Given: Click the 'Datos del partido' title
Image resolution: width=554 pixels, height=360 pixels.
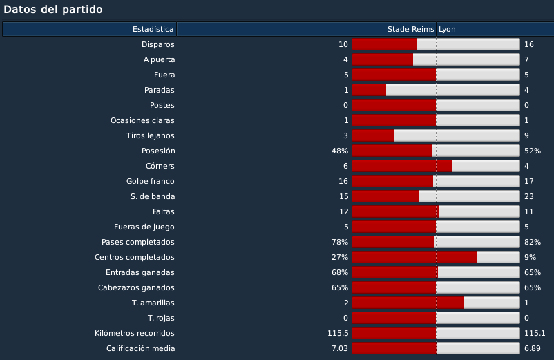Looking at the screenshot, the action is click(53, 10).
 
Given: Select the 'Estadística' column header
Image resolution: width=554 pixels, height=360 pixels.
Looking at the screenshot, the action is click(153, 29).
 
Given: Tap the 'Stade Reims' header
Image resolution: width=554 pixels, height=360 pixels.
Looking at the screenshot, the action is click(410, 29).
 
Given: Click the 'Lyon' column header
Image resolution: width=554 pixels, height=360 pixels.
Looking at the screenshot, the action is click(447, 29).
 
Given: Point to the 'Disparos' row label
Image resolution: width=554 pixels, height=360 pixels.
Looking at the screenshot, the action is click(158, 44).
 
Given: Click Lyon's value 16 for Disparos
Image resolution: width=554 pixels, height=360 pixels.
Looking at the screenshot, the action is click(529, 44).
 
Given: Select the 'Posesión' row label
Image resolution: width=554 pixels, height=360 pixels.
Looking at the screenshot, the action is click(158, 151).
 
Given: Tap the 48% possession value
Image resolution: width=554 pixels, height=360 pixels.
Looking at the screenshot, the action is click(340, 151).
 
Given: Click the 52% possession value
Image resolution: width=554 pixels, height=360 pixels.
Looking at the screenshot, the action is click(533, 151).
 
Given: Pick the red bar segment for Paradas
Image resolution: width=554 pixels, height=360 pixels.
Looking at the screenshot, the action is click(369, 90).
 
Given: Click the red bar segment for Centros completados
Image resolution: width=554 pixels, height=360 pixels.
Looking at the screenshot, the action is click(414, 257).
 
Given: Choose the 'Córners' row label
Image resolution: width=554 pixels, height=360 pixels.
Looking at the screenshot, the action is click(160, 166).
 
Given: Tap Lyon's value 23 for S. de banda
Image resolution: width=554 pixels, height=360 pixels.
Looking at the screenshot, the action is click(529, 196).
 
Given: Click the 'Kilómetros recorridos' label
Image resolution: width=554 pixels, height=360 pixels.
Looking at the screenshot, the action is click(135, 333).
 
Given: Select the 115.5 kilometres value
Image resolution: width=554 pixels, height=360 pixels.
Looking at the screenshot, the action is click(338, 333).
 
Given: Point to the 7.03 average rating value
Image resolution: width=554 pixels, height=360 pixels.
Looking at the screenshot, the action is click(340, 348).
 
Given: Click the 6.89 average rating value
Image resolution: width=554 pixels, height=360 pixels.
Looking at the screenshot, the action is click(533, 348).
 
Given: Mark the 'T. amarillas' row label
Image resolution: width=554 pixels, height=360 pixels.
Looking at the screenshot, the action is click(153, 303).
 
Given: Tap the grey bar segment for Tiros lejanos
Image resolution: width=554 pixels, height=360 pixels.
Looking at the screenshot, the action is click(457, 135).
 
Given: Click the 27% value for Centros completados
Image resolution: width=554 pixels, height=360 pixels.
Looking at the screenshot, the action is click(340, 257).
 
